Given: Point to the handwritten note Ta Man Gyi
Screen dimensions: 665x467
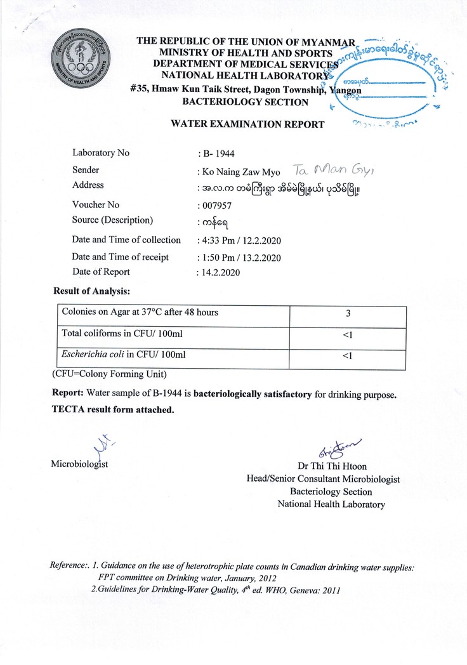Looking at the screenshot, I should [327, 169].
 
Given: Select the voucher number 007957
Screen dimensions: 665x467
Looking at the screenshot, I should [216, 206].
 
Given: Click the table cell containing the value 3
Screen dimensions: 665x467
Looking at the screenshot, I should [347, 313].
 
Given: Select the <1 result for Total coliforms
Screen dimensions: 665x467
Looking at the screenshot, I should [347, 334].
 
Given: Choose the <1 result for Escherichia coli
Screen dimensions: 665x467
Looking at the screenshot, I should [347, 355].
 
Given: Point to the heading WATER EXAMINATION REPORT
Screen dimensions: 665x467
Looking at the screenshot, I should [247, 124].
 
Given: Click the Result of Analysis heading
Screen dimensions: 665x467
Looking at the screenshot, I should [91, 291].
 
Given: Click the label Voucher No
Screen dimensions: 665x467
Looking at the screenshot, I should [96, 205].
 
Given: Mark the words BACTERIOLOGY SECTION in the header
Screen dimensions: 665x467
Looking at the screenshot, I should [245, 102].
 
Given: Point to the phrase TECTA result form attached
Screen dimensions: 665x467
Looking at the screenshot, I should [113, 410].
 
